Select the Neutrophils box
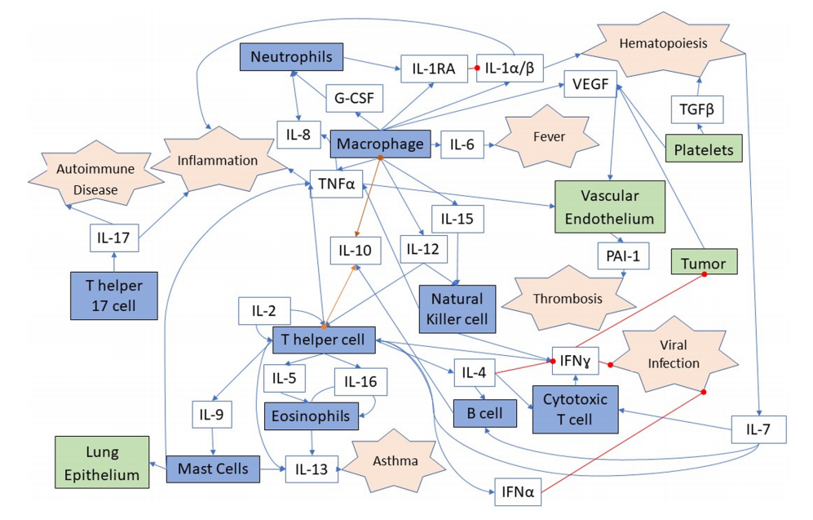[291, 57]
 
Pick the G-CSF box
[354, 98]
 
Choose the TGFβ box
[697, 108]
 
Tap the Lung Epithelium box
[103, 462]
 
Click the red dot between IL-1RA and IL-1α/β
[478, 69]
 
